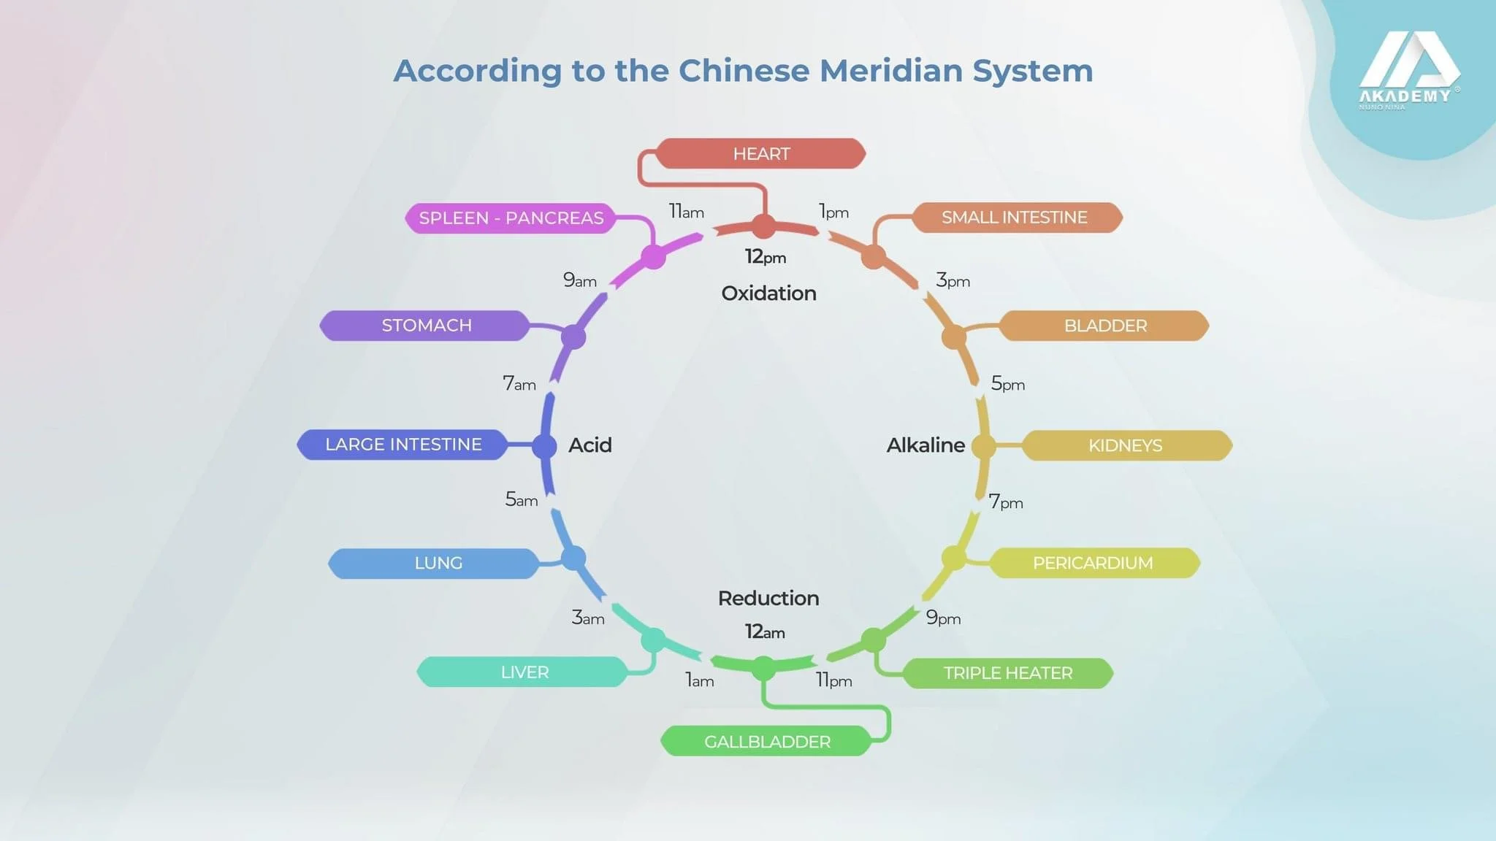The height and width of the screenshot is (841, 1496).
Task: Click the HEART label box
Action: [x=760, y=154]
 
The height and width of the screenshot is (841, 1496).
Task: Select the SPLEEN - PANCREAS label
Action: [x=511, y=218]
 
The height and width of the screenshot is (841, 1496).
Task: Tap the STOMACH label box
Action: [x=426, y=326]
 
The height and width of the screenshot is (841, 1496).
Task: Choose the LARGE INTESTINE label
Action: [x=402, y=445]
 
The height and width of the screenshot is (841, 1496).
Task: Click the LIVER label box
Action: [x=524, y=672]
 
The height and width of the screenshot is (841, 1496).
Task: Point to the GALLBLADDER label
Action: [x=766, y=742]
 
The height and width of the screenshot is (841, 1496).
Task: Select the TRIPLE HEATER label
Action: [x=1007, y=673]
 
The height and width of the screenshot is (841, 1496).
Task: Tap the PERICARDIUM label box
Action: [x=1092, y=564]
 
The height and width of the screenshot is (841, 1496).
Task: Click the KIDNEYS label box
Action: [x=1125, y=445]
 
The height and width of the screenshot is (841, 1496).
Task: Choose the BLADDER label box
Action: [x=1104, y=326]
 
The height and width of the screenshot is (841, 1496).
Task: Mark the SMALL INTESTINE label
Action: [x=1014, y=218]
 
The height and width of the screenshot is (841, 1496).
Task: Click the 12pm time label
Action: [x=765, y=257]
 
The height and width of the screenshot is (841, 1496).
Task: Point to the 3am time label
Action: [x=587, y=618]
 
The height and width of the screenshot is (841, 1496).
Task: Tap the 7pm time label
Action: [x=1005, y=502]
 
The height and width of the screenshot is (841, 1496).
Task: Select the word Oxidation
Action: [x=768, y=293]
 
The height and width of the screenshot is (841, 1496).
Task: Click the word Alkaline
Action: [x=925, y=445]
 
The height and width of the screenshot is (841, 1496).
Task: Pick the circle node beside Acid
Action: [x=544, y=446]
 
